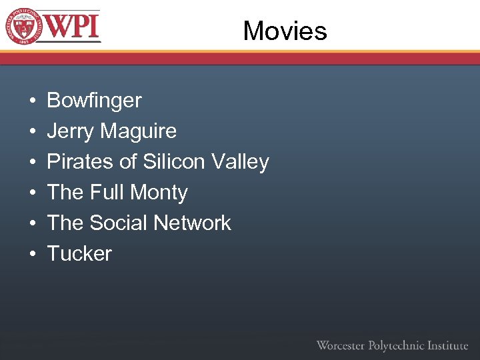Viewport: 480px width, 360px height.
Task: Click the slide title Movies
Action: [285, 31]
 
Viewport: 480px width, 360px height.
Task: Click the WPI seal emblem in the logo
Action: [24, 26]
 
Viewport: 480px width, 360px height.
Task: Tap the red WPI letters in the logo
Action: [73, 27]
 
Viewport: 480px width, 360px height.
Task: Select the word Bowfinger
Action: [94, 101]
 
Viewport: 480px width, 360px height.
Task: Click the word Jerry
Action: [71, 131]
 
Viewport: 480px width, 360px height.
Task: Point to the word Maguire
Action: [139, 131]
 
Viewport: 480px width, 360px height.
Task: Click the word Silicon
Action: [175, 162]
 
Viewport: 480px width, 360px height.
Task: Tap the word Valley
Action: [240, 162]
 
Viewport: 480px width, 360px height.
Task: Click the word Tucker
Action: [79, 254]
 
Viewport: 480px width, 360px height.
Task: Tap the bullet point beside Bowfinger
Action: [33, 101]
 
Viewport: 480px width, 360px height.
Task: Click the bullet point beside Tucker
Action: [33, 255]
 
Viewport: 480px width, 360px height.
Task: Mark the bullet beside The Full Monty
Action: [33, 193]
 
